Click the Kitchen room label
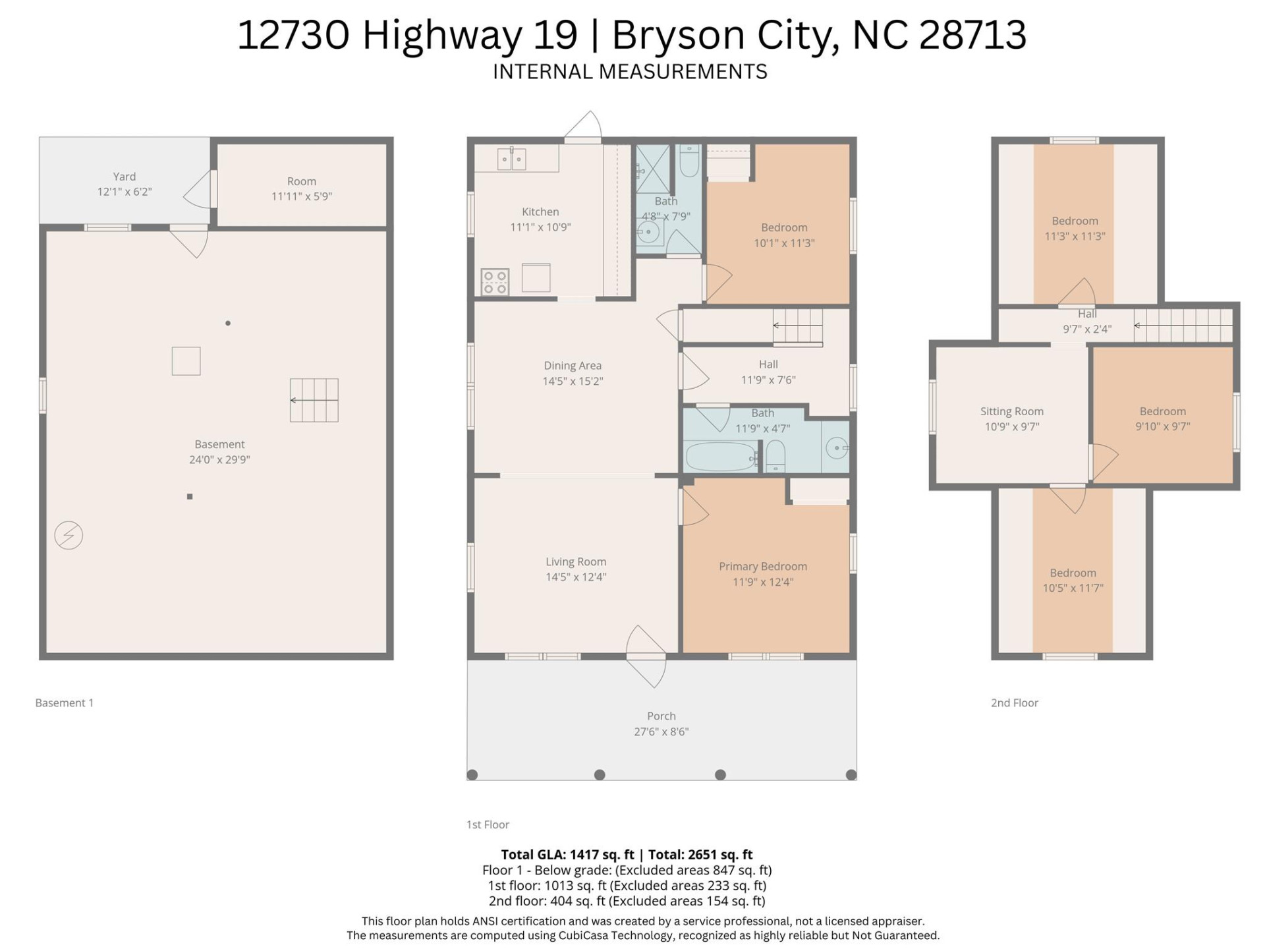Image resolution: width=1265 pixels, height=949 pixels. click(x=540, y=212)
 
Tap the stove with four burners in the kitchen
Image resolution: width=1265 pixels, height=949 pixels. click(x=494, y=282)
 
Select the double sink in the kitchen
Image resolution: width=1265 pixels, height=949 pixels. click(x=511, y=159)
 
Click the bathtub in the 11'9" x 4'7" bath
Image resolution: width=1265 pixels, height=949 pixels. click(x=720, y=457)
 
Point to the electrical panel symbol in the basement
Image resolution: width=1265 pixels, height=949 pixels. click(x=69, y=535)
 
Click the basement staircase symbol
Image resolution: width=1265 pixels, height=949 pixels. click(x=314, y=400)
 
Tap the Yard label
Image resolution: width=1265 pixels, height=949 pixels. click(x=124, y=177)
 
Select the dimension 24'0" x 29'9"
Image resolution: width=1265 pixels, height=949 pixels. click(x=219, y=459)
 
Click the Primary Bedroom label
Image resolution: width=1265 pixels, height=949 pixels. click(x=762, y=566)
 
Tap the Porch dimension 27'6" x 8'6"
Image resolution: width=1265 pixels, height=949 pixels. click(x=661, y=732)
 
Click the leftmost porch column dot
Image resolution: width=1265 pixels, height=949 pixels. click(x=472, y=774)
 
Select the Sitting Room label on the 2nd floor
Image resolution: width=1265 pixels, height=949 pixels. click(x=1011, y=411)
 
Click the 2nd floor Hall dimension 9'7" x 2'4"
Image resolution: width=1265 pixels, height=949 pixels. click(x=1086, y=329)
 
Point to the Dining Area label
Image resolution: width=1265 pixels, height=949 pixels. click(x=572, y=365)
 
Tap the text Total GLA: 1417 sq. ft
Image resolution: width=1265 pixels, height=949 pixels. click(x=567, y=855)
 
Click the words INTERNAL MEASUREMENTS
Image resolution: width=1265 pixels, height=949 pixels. click(x=630, y=71)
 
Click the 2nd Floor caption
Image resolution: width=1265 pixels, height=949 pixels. click(x=1014, y=703)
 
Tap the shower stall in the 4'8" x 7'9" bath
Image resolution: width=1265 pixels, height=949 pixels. click(x=652, y=169)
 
